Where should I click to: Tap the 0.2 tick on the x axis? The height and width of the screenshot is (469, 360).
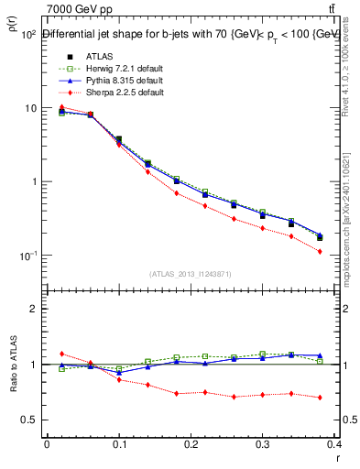click(x=191, y=444)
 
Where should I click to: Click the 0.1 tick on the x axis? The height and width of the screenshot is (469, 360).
click(x=119, y=444)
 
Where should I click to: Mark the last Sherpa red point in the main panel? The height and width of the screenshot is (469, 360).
click(x=345, y=251)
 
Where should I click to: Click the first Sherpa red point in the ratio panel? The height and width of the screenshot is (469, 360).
click(x=61, y=354)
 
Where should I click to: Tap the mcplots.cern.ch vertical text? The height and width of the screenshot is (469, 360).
click(x=351, y=229)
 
